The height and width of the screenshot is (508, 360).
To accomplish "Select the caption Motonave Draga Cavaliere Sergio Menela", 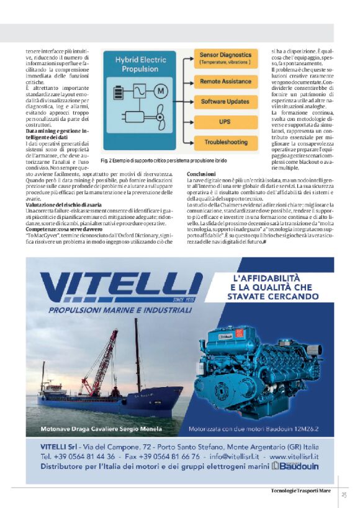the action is click(101, 429).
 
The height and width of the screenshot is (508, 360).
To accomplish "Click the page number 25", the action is click(343, 494).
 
